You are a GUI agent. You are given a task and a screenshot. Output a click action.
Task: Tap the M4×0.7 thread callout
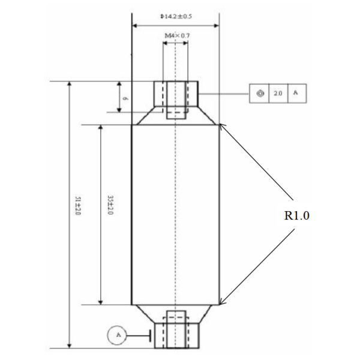point(176,36)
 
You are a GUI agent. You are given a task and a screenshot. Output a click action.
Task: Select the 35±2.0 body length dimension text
point(110,206)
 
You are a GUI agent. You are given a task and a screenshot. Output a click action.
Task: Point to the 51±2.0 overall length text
point(77,206)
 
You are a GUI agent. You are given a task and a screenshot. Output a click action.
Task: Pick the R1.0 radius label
point(296,215)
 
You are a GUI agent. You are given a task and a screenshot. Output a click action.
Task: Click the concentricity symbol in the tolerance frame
point(260,94)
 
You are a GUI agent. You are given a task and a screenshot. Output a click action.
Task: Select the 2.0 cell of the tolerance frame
point(278,94)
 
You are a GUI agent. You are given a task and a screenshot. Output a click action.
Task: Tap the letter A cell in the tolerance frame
point(295,94)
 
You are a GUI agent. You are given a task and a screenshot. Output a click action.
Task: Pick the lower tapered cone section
point(175,313)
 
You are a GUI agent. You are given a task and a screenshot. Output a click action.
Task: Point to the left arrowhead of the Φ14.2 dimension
point(134,25)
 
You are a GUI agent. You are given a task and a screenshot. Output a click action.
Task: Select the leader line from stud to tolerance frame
point(224,94)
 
